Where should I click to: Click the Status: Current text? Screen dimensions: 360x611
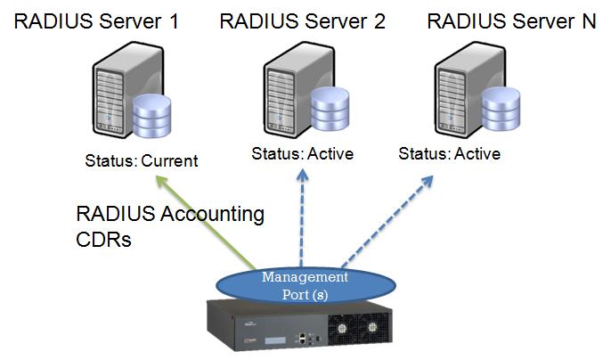(141, 161)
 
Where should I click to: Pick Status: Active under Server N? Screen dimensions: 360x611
(449, 153)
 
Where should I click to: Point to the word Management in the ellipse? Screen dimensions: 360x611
(304, 277)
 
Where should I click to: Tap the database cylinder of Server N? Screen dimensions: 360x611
(500, 108)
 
